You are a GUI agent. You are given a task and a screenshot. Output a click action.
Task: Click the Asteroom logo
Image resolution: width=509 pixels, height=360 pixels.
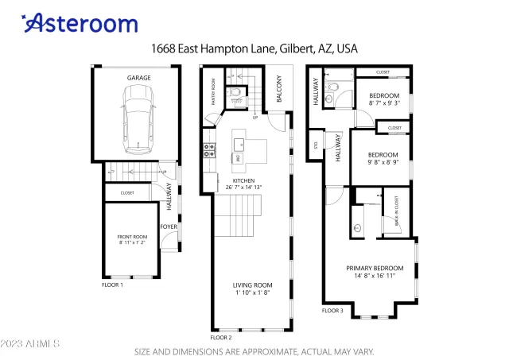click(80, 23)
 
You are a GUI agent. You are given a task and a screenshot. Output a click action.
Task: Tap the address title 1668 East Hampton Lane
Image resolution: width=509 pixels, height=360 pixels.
click(254, 48)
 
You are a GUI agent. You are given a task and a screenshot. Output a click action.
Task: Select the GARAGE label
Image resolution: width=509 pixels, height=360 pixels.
click(139, 78)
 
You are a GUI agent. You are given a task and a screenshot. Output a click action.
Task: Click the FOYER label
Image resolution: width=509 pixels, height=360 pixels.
click(169, 226)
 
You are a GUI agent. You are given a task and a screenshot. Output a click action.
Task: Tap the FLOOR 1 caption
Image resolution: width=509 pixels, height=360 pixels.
click(112, 284)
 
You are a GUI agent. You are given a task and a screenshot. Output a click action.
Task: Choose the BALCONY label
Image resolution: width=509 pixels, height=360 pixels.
click(278, 89)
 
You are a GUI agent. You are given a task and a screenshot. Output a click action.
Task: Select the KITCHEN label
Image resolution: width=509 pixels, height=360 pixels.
click(243, 180)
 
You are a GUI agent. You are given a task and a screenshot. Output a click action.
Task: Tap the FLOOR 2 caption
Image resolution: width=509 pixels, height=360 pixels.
click(221, 337)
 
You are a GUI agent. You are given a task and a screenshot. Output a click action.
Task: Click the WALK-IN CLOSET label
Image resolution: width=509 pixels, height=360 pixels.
click(396, 213)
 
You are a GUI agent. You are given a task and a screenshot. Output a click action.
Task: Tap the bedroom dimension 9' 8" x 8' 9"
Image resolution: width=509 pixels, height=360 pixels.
click(383, 162)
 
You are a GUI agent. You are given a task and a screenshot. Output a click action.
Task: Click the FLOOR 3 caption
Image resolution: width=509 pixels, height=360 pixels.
click(332, 311)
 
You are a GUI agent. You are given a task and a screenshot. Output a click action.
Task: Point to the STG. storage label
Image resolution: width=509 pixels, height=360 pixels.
click(316, 145)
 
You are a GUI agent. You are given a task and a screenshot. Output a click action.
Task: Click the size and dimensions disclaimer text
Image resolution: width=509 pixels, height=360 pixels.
click(254, 350)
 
